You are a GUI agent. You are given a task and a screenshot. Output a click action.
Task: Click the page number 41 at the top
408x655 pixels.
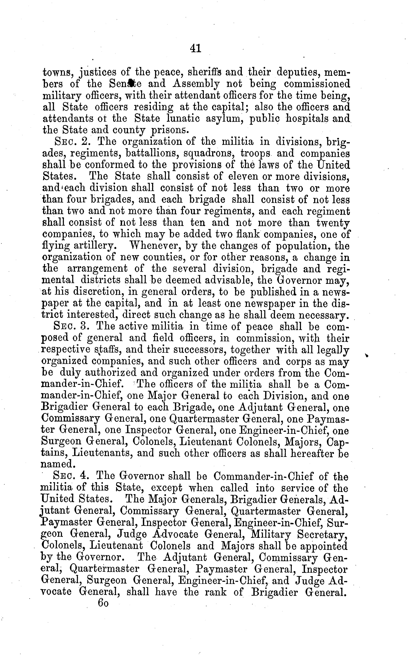[196, 49]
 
